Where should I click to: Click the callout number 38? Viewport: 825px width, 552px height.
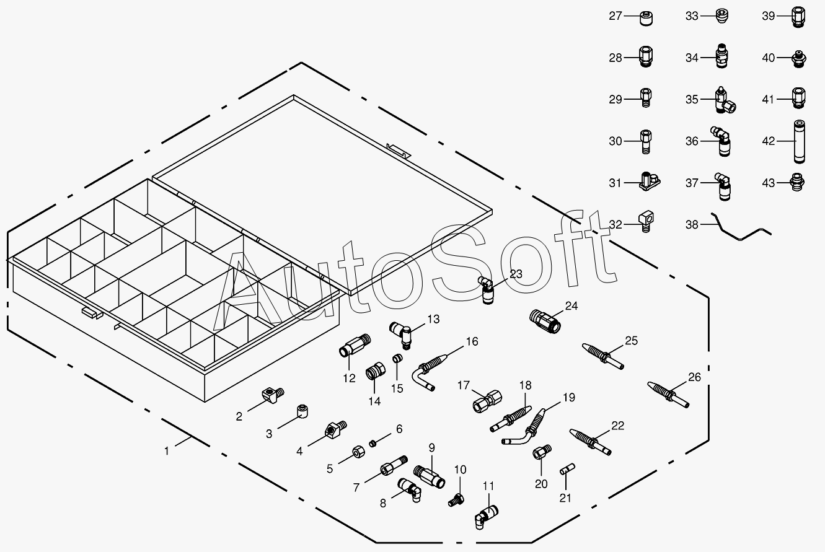pyautogui.click(x=692, y=225)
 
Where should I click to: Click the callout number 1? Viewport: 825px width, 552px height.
pyautogui.click(x=166, y=451)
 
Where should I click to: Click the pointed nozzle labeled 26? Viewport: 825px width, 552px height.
pyautogui.click(x=668, y=394)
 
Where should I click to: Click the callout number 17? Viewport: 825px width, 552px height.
pyautogui.click(x=464, y=385)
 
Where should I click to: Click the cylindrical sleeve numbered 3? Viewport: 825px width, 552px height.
pyautogui.click(x=302, y=411)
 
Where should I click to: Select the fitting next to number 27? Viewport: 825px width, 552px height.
pyautogui.click(x=647, y=17)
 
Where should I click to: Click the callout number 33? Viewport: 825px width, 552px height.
pyautogui.click(x=692, y=16)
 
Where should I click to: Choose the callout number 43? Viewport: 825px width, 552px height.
pyautogui.click(x=769, y=183)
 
